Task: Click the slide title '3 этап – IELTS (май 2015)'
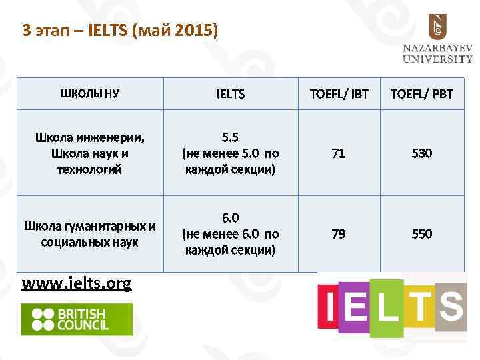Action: (x=120, y=31)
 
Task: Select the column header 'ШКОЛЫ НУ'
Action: (x=90, y=93)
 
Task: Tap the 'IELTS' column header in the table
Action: (x=231, y=94)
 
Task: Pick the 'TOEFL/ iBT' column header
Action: (x=339, y=94)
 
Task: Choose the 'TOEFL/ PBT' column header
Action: (x=421, y=94)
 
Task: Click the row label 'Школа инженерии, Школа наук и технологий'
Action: (x=90, y=153)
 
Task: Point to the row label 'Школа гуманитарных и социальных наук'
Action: (x=90, y=233)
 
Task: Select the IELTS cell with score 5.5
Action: (x=231, y=153)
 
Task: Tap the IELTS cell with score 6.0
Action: (x=231, y=233)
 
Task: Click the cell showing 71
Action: (x=339, y=153)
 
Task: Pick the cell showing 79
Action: (x=339, y=233)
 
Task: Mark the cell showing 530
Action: (x=421, y=153)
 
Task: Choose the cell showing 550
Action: (x=421, y=233)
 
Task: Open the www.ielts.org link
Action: (x=77, y=283)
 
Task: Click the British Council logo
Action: (x=77, y=319)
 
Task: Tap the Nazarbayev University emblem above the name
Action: (x=437, y=27)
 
